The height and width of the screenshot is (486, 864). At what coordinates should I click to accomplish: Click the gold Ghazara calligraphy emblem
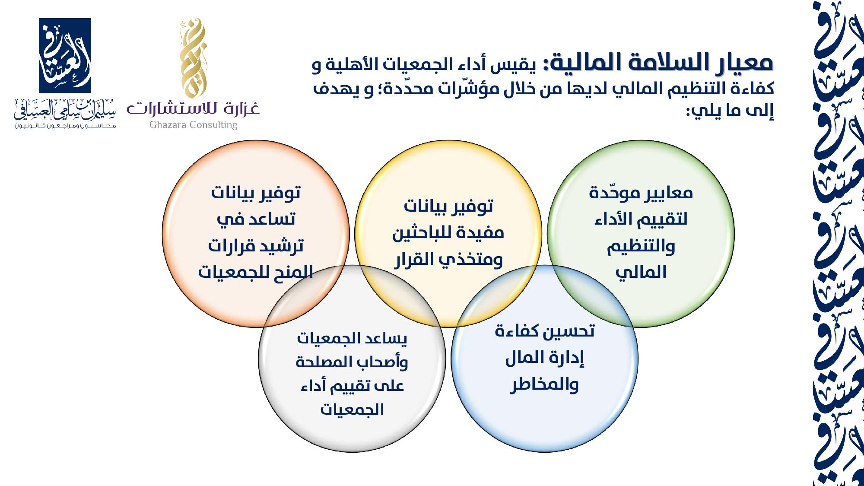tap(193, 58)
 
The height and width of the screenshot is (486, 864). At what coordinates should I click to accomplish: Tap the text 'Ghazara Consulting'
tap(194, 125)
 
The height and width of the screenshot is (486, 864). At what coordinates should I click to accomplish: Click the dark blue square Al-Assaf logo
tap(65, 56)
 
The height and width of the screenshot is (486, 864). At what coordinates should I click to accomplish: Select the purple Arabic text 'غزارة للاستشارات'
tap(193, 108)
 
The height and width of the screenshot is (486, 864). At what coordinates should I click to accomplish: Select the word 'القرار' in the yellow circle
tap(414, 260)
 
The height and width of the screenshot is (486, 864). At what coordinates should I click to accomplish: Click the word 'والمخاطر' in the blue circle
tap(544, 384)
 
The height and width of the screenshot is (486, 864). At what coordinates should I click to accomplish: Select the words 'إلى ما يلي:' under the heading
tap(730, 111)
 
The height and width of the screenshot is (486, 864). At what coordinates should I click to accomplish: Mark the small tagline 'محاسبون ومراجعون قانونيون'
tap(65, 125)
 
